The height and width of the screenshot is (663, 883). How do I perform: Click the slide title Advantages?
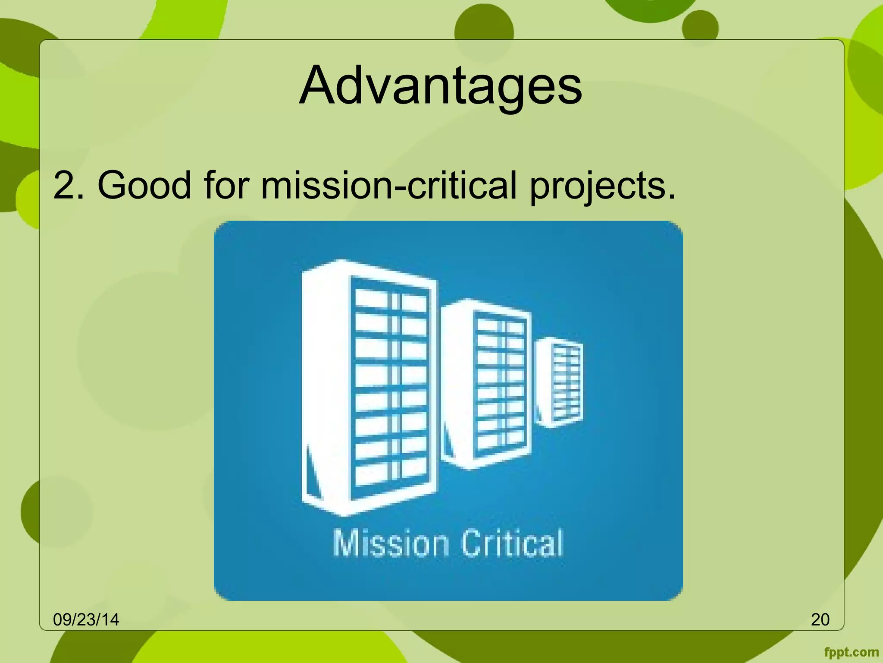click(x=441, y=85)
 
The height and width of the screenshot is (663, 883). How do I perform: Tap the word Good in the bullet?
click(x=144, y=186)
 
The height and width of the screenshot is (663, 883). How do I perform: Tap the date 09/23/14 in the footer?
click(x=86, y=619)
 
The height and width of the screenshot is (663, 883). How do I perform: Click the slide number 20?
click(x=820, y=619)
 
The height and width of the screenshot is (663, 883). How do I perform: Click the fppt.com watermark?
click(x=851, y=652)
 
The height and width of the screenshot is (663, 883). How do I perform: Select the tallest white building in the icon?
click(x=369, y=388)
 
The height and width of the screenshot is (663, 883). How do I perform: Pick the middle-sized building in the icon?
click(x=485, y=384)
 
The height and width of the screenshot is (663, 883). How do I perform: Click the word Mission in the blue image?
click(x=391, y=543)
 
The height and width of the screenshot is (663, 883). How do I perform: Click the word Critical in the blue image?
click(x=512, y=543)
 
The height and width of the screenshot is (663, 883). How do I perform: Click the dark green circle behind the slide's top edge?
click(x=484, y=26)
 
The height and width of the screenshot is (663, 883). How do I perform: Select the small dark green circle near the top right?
click(x=700, y=27)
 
